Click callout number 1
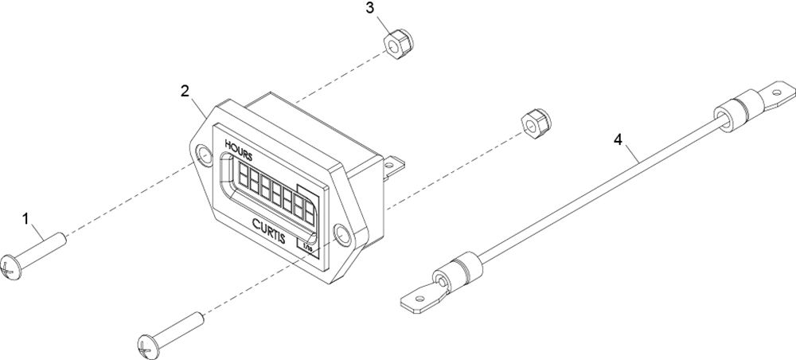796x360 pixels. click(x=25, y=219)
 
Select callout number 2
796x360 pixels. click(x=185, y=91)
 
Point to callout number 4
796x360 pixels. click(x=618, y=139)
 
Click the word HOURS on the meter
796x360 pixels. click(x=238, y=151)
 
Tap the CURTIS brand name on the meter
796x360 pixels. click(x=268, y=230)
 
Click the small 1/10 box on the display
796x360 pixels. click(x=307, y=247)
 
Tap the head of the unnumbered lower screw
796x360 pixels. click(x=147, y=346)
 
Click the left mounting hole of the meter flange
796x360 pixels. click(x=205, y=155)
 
